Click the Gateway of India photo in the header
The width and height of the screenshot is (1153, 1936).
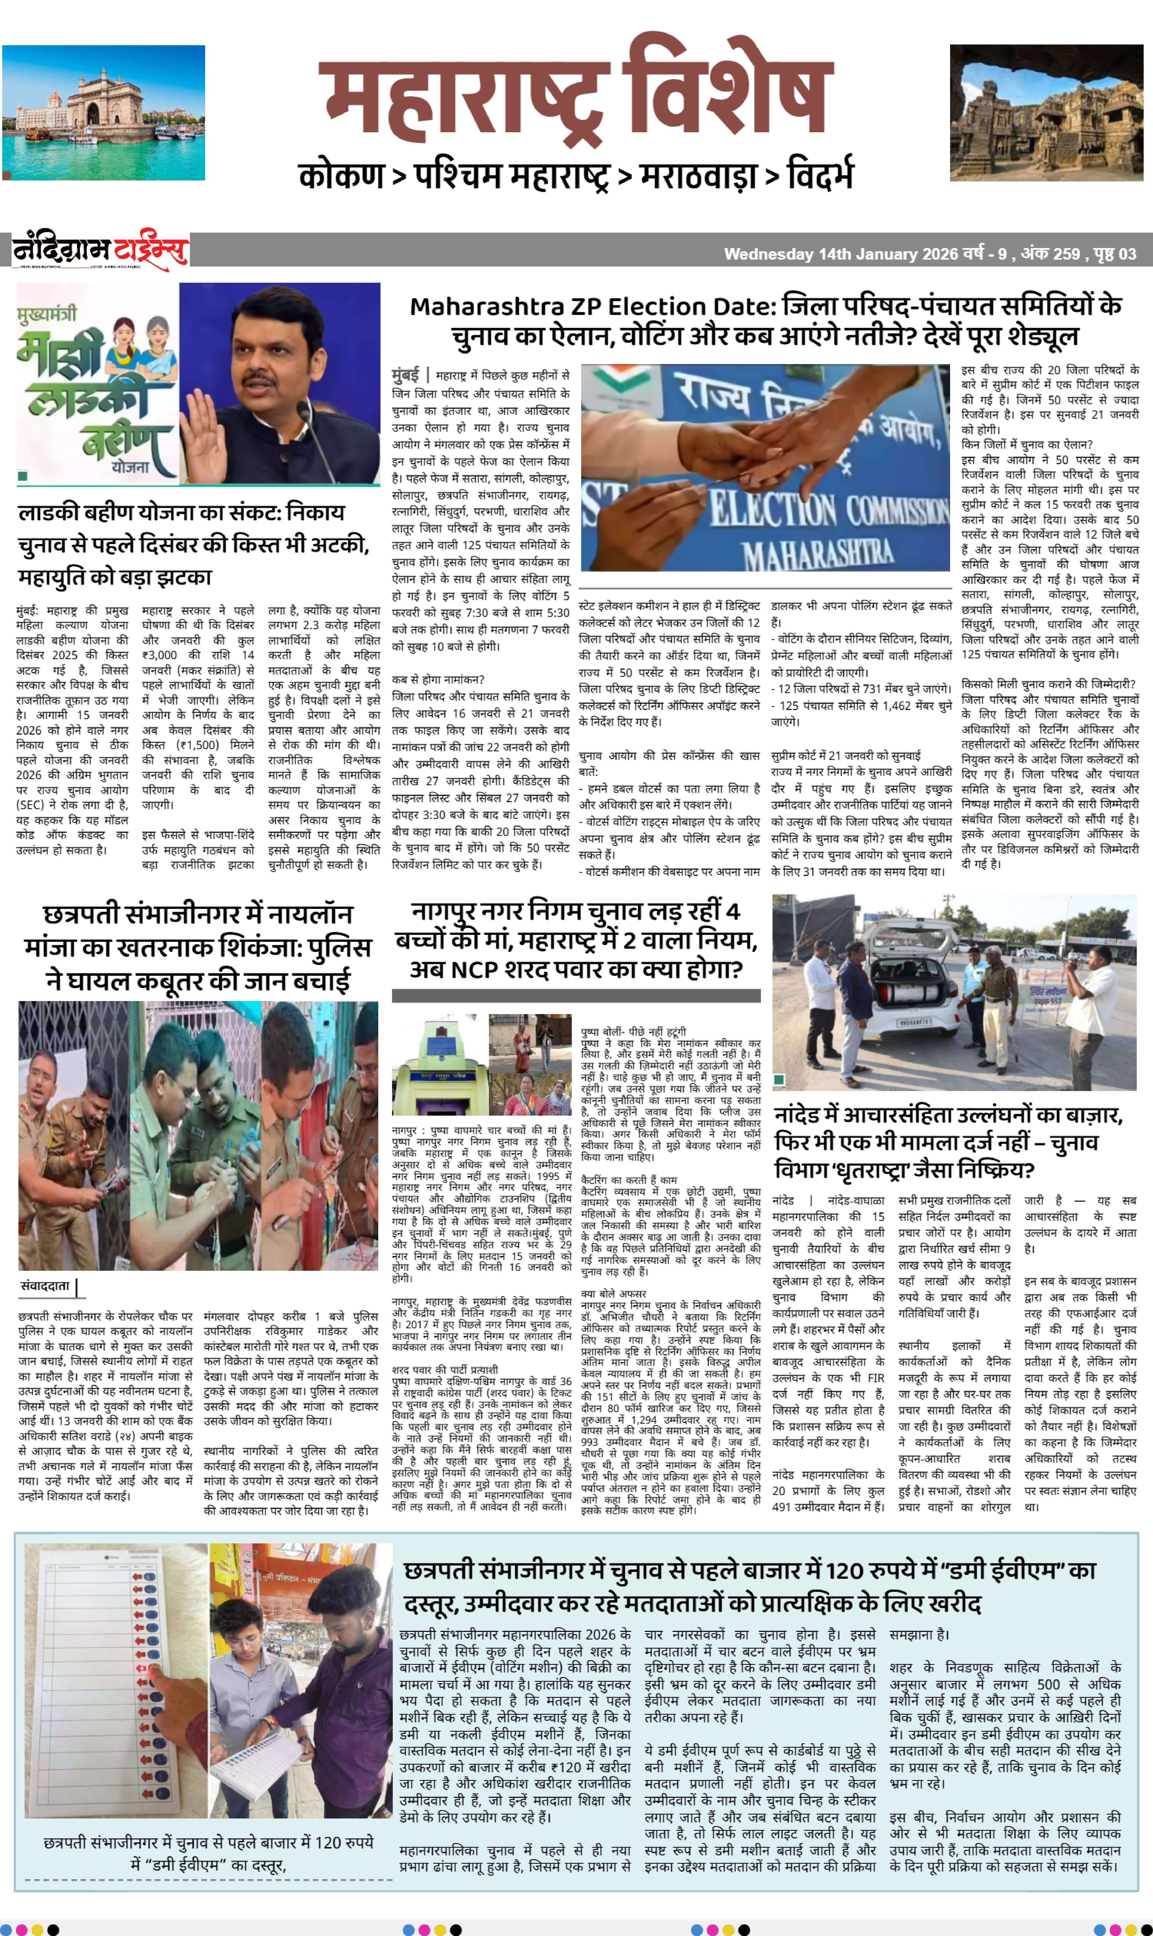point(103,113)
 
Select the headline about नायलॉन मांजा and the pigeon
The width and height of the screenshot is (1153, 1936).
point(198,947)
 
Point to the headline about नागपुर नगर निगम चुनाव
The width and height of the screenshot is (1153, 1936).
point(576,940)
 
